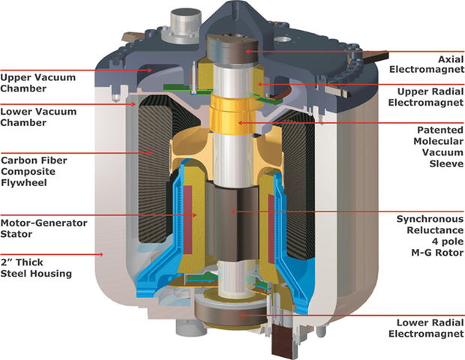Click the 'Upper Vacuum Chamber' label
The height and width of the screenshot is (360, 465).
coord(33,82)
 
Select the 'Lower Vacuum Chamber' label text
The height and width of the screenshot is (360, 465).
coord(33,116)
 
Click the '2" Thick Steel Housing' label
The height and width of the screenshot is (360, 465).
coord(37,268)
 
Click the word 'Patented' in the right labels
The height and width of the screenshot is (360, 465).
coord(435,128)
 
